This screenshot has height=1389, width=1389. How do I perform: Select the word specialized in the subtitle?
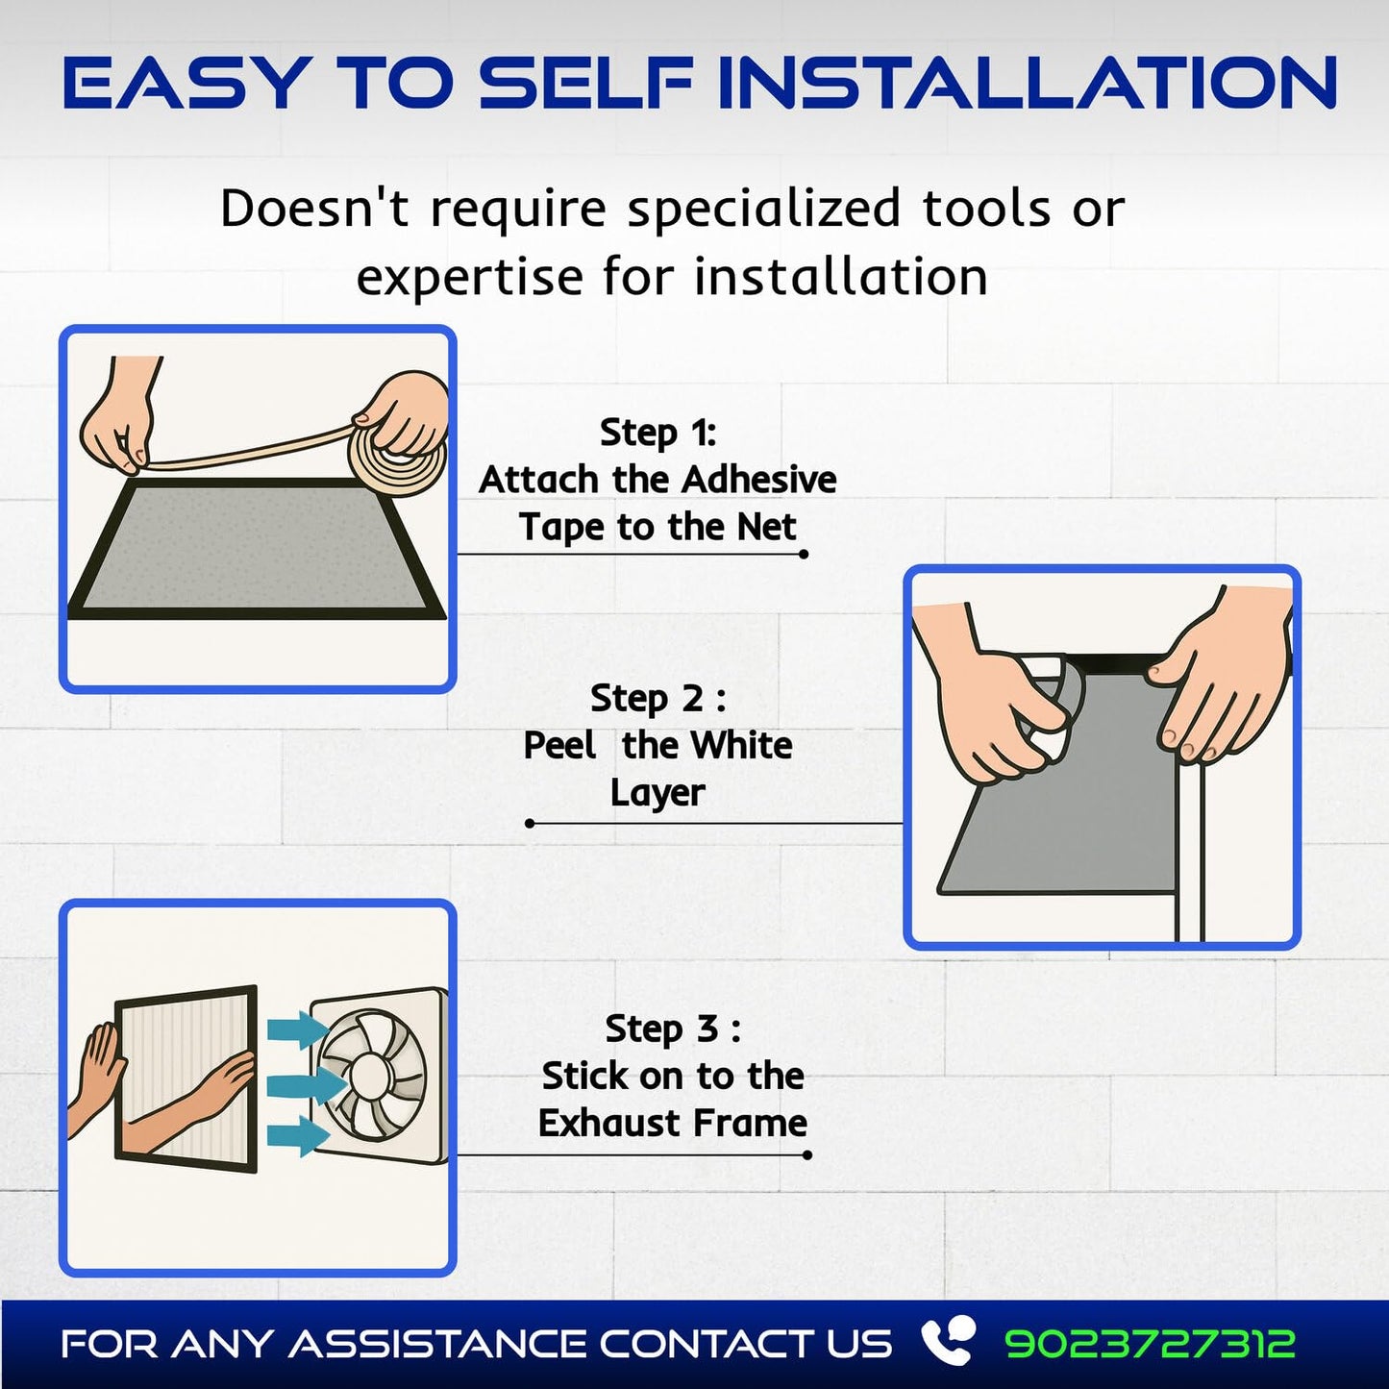click(764, 209)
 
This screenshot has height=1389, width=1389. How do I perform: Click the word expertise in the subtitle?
click(470, 278)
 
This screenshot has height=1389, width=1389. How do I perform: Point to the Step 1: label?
click(657, 433)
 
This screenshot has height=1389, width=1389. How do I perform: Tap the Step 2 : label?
click(657, 698)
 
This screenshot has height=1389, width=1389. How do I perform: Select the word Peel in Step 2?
click(559, 746)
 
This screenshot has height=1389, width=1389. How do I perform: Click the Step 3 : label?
click(672, 1029)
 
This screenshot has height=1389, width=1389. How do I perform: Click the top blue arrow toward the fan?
click(297, 1030)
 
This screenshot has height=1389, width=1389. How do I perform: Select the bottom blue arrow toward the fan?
click(297, 1135)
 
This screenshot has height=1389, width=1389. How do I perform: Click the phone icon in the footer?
click(946, 1342)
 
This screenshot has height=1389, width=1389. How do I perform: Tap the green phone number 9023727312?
click(1150, 1344)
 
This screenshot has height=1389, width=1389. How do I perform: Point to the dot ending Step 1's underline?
click(804, 554)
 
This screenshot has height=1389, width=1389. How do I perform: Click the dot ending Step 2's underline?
click(530, 823)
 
